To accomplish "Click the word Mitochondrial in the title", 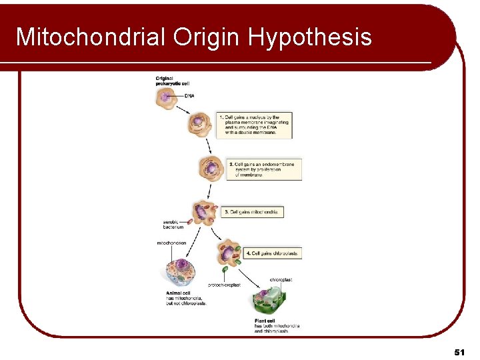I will tap(91, 37).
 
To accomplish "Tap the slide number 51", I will tap(459, 351).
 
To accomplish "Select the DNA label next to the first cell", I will tap(189, 96).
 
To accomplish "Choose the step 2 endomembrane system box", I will tap(264, 169).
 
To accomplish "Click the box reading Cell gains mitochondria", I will tap(252, 212).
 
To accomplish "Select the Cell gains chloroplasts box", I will tap(273, 253).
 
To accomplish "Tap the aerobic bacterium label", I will tap(173, 224).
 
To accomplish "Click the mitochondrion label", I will tap(171, 243).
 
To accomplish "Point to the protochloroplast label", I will tap(225, 285).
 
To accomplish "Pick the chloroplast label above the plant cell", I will tap(281, 280).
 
